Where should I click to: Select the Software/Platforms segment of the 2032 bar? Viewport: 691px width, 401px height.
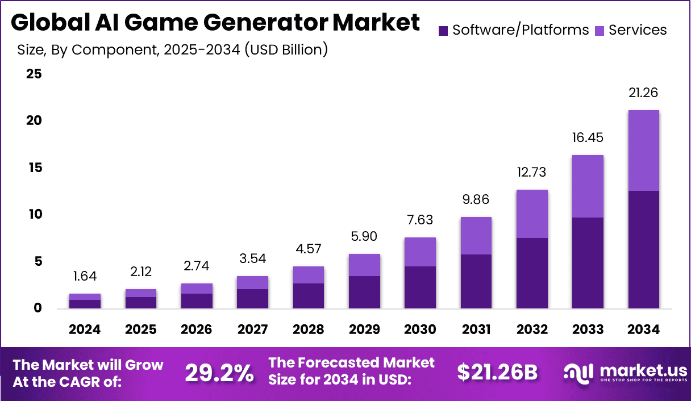tap(532, 273)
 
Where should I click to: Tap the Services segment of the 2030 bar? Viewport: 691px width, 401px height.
tap(420, 252)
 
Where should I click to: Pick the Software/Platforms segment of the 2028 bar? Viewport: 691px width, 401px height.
tap(308, 295)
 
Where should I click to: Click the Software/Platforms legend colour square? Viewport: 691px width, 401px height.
tap(444, 30)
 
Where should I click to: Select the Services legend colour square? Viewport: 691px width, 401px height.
tap(600, 30)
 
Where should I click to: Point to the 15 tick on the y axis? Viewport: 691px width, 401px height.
tap(34, 168)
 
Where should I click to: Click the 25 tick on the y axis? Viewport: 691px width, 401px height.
tap(34, 74)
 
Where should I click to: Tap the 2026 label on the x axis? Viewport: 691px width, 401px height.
tap(197, 329)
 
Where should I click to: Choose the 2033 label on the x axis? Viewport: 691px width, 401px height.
tap(588, 329)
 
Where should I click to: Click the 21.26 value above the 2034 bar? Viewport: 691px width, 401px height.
tap(643, 93)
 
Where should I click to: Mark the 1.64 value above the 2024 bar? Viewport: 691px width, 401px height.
tap(85, 277)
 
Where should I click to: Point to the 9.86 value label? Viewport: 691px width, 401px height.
tap(476, 200)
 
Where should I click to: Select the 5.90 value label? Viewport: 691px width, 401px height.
tap(364, 237)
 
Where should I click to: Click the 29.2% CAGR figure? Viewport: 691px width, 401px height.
tap(219, 373)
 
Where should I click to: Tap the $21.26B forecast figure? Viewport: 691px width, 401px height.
tap(497, 372)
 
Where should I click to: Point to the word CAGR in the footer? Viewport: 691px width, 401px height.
tap(97, 382)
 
